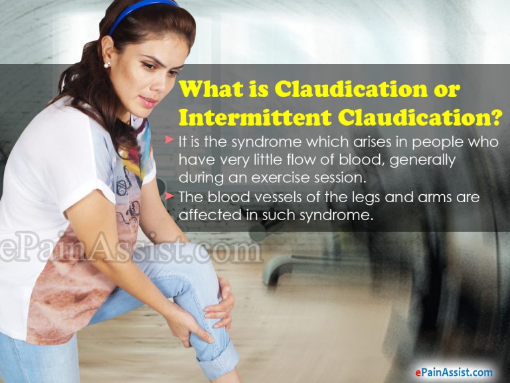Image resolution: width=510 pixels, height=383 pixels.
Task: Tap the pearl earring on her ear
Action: (106, 64)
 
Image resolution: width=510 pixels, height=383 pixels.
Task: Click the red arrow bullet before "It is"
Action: (171, 142)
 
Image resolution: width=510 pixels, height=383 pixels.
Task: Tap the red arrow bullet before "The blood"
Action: (171, 197)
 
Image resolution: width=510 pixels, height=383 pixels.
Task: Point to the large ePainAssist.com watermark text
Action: (129, 249)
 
